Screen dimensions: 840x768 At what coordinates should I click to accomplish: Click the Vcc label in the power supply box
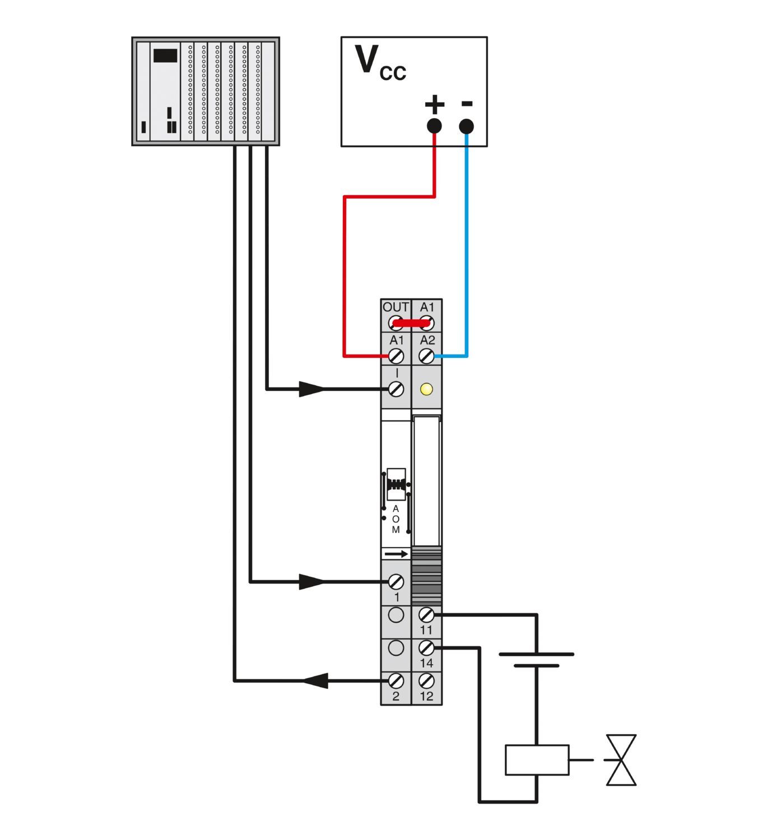[380, 63]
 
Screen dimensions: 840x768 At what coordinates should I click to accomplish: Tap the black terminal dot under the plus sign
[434, 126]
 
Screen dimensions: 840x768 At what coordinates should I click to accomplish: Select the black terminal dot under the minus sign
[466, 127]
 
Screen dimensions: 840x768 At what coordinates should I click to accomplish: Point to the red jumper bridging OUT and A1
[411, 323]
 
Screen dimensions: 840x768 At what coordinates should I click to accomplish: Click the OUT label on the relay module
[395, 307]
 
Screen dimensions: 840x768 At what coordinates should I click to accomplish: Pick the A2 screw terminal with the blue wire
[427, 356]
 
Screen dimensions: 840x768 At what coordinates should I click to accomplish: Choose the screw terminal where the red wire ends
[396, 356]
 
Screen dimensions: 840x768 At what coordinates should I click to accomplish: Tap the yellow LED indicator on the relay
[426, 389]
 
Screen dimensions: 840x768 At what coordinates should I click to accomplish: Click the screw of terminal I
[396, 389]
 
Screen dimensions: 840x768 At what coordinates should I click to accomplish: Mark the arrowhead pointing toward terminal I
[311, 389]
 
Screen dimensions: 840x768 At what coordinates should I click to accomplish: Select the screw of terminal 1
[396, 582]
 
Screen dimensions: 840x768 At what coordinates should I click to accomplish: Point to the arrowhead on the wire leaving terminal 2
[315, 681]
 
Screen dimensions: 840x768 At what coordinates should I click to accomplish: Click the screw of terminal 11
[427, 615]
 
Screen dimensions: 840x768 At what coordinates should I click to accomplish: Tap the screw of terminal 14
[427, 648]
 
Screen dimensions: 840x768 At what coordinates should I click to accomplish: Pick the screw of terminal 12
[427, 681]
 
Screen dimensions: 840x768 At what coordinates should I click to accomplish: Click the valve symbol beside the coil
[621, 760]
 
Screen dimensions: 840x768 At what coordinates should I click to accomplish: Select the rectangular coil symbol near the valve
[537, 760]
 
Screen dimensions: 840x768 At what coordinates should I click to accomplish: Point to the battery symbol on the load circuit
[537, 660]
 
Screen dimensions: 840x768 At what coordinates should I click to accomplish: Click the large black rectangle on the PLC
[165, 55]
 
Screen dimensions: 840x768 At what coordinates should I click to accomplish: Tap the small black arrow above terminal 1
[397, 554]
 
